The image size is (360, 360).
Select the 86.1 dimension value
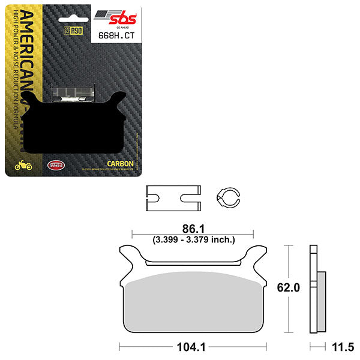click(191, 229)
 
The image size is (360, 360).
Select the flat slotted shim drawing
click(172, 197)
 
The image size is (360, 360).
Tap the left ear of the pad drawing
click(128, 254)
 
